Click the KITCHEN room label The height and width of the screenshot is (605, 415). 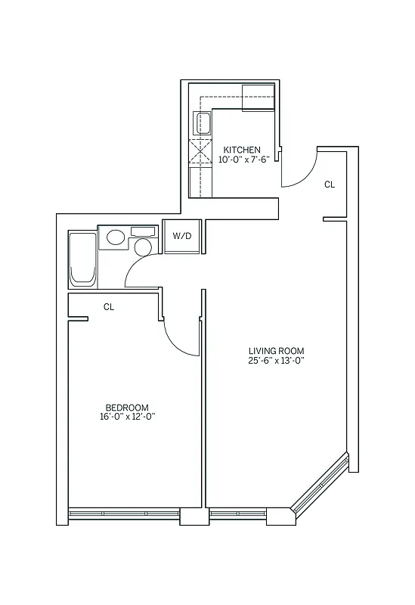tap(242, 150)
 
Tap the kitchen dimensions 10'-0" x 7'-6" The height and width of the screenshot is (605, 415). tap(243, 160)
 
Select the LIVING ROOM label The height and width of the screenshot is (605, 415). tap(276, 350)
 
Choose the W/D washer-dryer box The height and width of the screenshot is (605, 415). tap(182, 236)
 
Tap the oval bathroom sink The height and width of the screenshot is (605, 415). tap(115, 237)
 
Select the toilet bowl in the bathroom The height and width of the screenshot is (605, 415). tap(143, 246)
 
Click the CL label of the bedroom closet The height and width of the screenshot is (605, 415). tap(109, 307)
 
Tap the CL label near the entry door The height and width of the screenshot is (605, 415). tap(330, 184)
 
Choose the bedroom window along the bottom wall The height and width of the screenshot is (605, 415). tap(124, 514)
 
